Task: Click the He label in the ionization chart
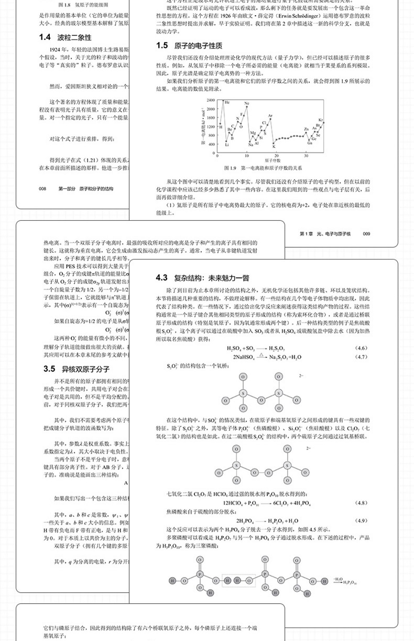227,102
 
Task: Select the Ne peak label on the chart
247,104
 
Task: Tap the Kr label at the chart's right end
321,120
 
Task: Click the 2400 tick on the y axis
211,100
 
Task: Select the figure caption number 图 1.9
231,168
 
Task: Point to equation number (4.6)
363,348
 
